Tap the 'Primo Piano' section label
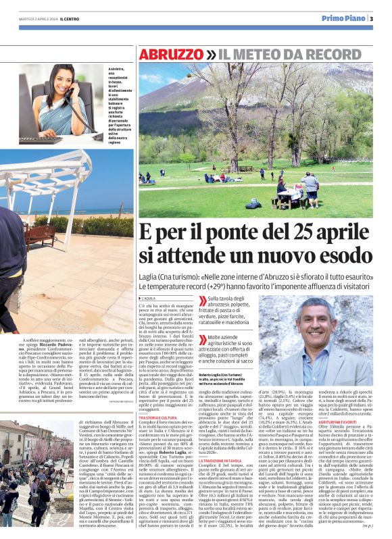pyautogui.click(x=344, y=18)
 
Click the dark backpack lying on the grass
pyautogui.click(x=253, y=203)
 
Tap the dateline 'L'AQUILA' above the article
pyautogui.click(x=148, y=298)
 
